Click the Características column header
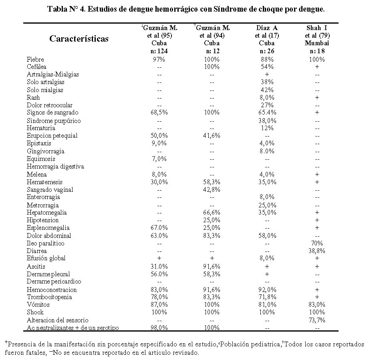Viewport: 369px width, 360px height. pos(79,39)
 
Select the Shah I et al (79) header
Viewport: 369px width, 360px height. pos(317,36)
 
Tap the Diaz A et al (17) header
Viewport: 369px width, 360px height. pos(267,36)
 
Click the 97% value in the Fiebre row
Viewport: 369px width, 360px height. pos(159,59)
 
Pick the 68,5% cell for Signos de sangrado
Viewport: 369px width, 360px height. pos(159,113)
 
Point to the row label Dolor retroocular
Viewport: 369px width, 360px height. pos(50,105)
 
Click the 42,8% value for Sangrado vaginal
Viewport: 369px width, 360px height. pos(212,189)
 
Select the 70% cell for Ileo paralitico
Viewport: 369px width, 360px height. pos(317,243)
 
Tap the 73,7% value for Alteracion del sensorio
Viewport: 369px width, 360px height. pos(317,320)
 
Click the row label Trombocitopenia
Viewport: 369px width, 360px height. pos(49,297)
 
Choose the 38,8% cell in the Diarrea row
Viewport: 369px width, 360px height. pos(317,251)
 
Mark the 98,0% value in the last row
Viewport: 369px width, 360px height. pos(159,328)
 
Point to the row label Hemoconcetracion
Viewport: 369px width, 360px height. pos(52,290)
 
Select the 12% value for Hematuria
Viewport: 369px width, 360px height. pos(267,128)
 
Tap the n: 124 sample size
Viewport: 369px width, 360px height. pos(159,51)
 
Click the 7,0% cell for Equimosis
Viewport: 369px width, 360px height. pos(159,159)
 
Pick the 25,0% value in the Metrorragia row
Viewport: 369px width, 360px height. pos(267,205)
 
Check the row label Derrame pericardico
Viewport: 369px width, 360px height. pos(54,282)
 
